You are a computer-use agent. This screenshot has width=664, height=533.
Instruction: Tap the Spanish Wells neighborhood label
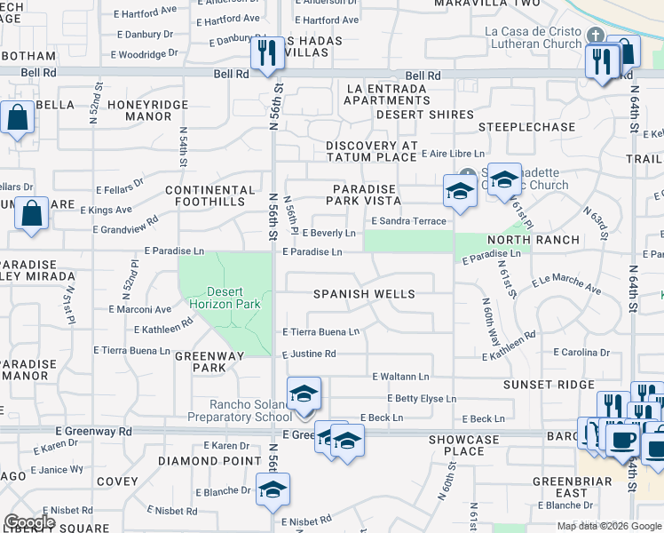pos(353,294)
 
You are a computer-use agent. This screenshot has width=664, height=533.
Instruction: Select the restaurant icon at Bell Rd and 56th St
pos(266,55)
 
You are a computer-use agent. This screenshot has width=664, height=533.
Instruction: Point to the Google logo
pos(29,521)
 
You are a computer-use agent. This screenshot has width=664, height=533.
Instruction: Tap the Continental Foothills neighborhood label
pos(210,196)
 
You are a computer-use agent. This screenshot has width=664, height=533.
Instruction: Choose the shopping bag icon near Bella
pos(17,119)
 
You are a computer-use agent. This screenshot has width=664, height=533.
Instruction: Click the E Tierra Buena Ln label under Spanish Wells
pos(320,332)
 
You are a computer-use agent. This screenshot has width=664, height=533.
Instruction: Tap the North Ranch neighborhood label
pos(533,240)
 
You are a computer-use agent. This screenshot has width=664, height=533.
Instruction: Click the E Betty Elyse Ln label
pos(420,399)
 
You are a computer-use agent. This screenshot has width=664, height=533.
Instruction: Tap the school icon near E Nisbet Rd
pos(273,489)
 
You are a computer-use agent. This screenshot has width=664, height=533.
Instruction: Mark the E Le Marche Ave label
pos(566,284)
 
